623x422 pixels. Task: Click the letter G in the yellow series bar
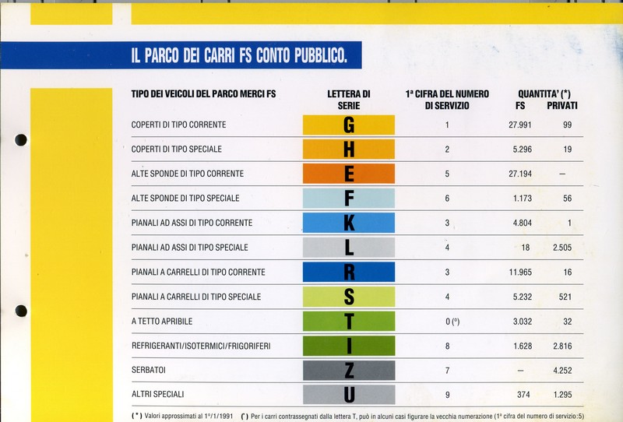point(348,125)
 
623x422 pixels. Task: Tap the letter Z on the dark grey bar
point(349,370)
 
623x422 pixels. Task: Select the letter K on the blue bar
point(349,223)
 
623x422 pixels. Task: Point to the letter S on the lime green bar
point(349,297)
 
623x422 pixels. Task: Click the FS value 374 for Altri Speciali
point(525,395)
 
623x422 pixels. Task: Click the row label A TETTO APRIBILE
point(162,321)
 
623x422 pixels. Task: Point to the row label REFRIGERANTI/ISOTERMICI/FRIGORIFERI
point(201,346)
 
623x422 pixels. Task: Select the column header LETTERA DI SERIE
point(348,99)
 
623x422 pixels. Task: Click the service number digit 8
point(447,346)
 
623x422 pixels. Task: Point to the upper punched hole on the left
point(21,140)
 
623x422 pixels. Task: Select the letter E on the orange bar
point(349,174)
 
